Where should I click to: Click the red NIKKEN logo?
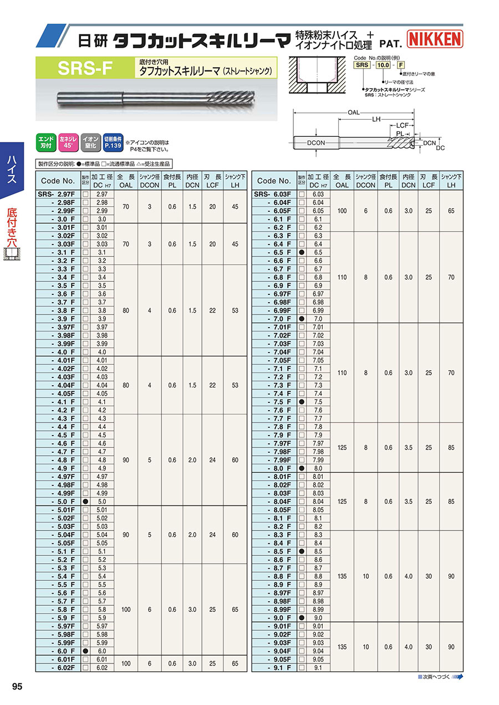(x=435, y=39)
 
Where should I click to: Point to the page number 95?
(x=17, y=687)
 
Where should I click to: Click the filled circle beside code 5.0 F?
(x=85, y=502)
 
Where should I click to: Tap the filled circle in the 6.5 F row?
(x=302, y=252)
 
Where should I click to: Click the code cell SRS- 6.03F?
(x=274, y=195)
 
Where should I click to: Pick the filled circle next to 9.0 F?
(x=302, y=618)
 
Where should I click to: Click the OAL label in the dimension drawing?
(x=354, y=113)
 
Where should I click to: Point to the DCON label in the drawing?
(x=315, y=143)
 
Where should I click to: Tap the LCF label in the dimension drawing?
(x=403, y=125)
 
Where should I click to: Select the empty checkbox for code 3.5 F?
(x=85, y=285)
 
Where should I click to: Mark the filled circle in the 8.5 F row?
(x=302, y=551)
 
